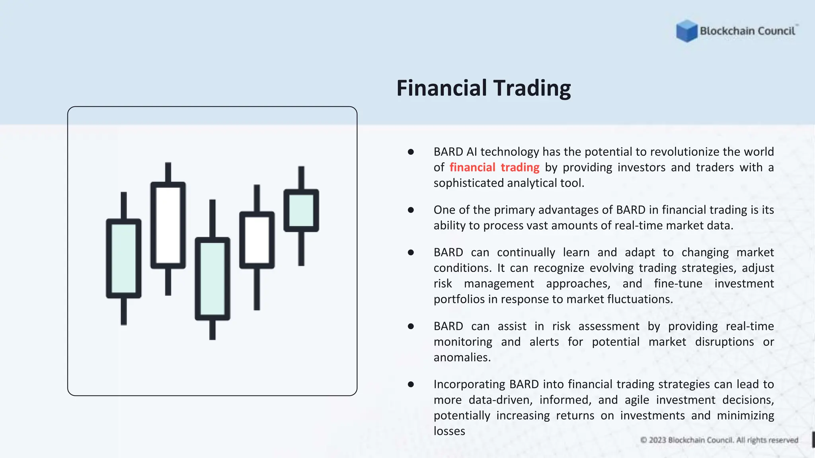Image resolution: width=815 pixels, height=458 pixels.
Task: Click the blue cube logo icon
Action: click(x=686, y=31)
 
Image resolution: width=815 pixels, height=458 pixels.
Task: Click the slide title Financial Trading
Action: click(x=484, y=88)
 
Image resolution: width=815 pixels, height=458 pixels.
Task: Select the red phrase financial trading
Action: click(x=494, y=167)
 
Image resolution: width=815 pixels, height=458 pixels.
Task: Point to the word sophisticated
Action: click(x=468, y=183)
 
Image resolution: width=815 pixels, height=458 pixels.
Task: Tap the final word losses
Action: click(x=449, y=431)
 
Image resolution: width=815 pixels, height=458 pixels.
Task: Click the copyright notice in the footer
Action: click(x=719, y=440)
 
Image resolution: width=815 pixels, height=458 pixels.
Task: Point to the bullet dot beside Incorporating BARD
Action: click(x=411, y=384)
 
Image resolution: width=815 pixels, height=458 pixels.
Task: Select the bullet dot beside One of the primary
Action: click(x=411, y=210)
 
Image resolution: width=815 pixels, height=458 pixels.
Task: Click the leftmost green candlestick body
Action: click(x=124, y=258)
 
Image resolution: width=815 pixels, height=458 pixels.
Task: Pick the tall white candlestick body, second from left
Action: click(x=168, y=225)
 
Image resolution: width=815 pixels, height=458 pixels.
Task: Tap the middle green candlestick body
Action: click(x=213, y=279)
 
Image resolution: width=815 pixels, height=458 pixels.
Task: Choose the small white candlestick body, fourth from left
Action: click(x=257, y=240)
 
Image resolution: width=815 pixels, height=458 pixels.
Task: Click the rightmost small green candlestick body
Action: click(x=301, y=210)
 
